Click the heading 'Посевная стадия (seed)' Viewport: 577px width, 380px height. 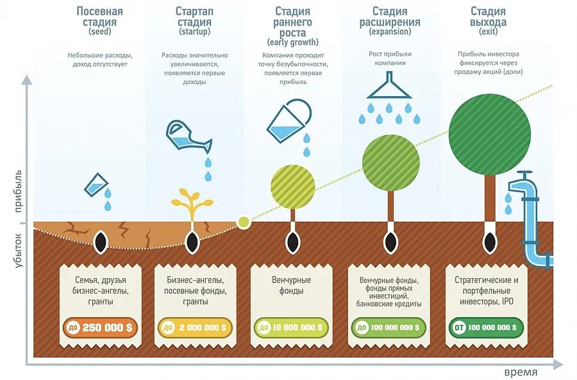tap(99, 21)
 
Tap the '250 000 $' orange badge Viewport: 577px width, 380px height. tap(100, 327)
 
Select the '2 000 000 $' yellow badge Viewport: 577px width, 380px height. tap(195, 327)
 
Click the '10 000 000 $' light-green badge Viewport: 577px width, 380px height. tap(292, 327)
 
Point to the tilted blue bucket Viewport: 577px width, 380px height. tap(288, 120)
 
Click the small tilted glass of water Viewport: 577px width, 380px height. tap(95, 185)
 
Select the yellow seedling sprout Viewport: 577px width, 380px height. tap(191, 204)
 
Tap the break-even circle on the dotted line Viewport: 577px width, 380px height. tap(243, 222)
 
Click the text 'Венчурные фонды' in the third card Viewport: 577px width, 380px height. tap(291, 286)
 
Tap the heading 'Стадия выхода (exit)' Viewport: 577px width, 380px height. tap(488, 21)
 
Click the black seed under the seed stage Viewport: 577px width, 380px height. tap(100, 242)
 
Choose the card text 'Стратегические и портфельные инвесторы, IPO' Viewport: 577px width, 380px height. tap(486, 291)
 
